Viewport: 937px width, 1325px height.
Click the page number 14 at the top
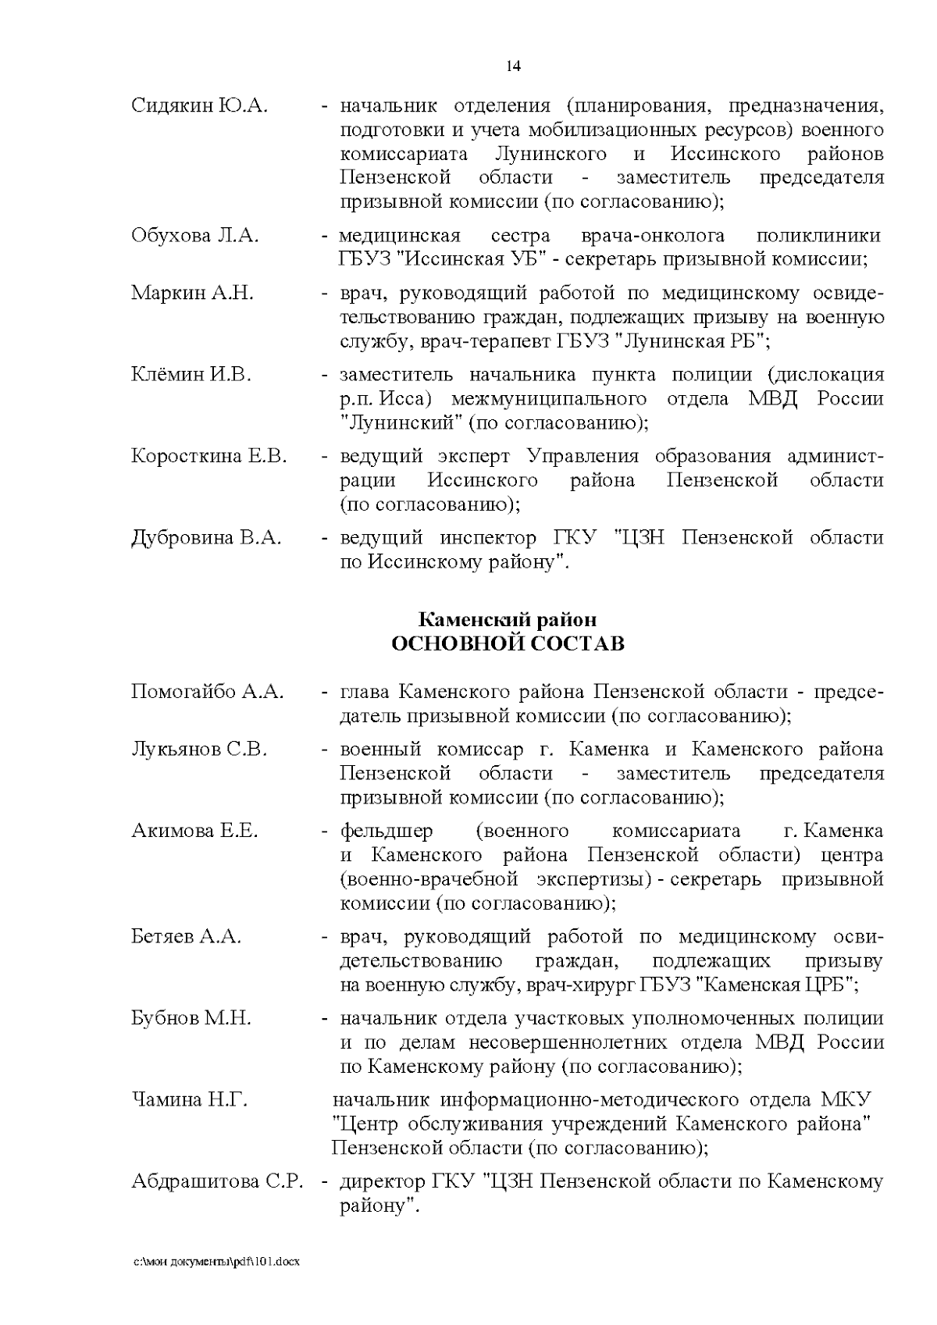coord(513,66)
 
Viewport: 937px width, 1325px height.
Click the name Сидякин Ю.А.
coord(199,106)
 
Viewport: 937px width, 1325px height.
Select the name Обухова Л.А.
coord(194,236)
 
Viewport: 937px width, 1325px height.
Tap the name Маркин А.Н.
coord(192,294)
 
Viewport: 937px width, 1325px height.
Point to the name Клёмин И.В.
coord(191,375)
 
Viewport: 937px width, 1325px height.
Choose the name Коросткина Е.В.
coord(209,456)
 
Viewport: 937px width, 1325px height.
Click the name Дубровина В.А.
coord(206,537)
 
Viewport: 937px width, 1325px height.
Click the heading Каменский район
coord(508,620)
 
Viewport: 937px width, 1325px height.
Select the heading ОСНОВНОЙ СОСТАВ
coord(508,644)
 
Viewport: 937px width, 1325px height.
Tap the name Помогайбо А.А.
coord(208,692)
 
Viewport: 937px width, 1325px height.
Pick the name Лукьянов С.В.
coord(199,750)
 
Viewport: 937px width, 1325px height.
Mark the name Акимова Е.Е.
coord(194,831)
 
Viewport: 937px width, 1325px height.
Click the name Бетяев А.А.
coord(186,936)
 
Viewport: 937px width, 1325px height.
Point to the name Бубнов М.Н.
coord(191,1018)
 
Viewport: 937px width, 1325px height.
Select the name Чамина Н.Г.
coord(189,1100)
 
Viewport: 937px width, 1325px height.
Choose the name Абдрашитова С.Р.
coord(216,1181)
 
